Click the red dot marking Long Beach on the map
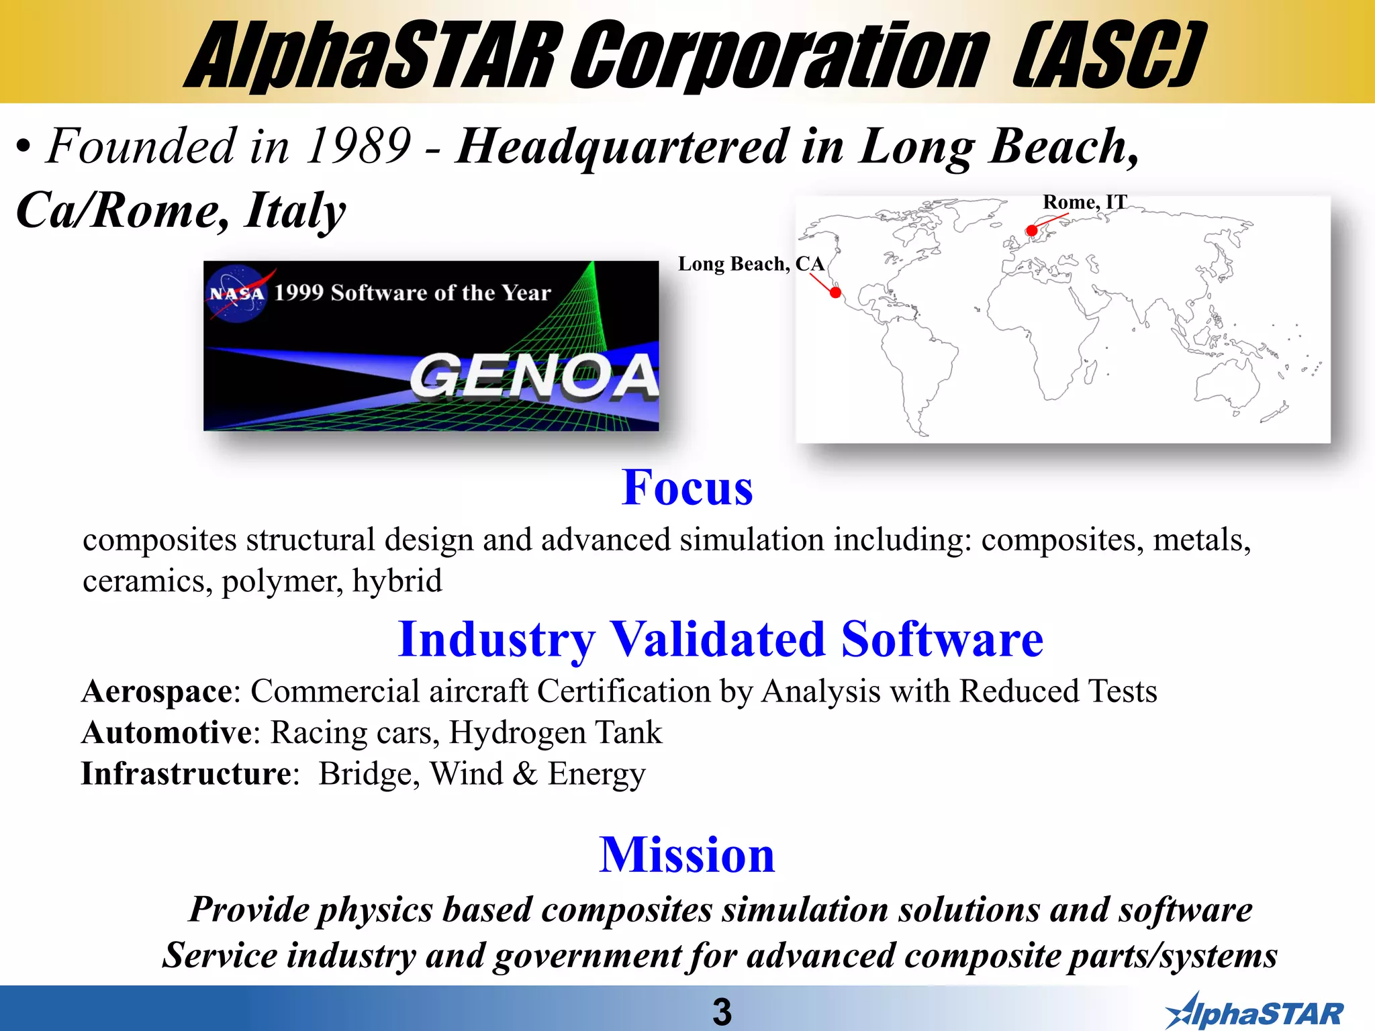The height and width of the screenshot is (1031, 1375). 835,293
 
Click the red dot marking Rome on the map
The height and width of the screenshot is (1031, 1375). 1032,231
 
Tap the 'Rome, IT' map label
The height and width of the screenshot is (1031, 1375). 1084,202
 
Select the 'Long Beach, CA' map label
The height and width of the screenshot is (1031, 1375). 751,264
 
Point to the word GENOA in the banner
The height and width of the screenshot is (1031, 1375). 534,377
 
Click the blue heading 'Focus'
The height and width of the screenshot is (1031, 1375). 687,487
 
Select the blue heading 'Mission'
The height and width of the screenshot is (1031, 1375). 687,855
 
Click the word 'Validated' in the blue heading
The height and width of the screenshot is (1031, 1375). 717,639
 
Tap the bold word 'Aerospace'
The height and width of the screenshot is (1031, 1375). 157,691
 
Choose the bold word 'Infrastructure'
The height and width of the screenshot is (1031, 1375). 186,774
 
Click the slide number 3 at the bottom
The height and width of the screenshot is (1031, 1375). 722,1012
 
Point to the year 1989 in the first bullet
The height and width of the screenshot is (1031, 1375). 358,146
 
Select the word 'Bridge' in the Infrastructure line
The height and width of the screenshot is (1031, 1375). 369,774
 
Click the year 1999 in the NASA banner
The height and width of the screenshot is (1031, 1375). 298,293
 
